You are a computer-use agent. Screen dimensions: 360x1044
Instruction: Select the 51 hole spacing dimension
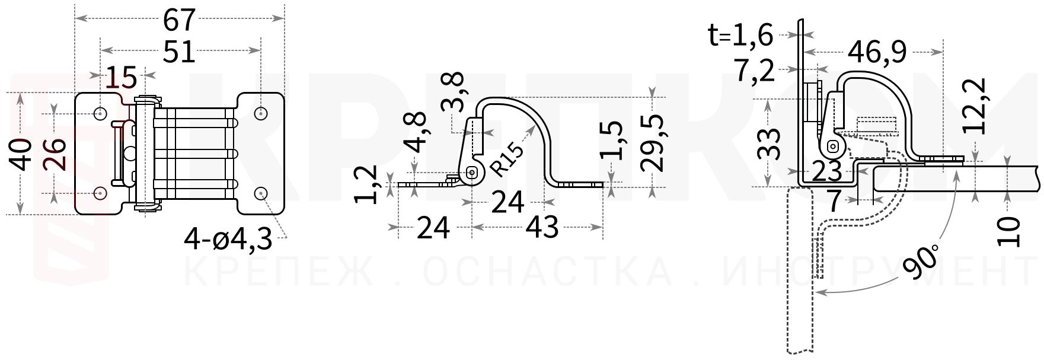click(x=179, y=52)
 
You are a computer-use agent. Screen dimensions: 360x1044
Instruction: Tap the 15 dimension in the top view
click(x=122, y=77)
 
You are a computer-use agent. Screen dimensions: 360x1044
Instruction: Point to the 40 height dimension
click(x=22, y=154)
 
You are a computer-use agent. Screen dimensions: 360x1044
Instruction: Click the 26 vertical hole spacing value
click(x=56, y=154)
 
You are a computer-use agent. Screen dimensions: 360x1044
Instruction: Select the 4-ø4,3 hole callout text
click(x=228, y=240)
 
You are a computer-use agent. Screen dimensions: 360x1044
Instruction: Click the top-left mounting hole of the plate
click(x=101, y=112)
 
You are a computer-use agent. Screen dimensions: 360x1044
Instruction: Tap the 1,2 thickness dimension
click(x=368, y=185)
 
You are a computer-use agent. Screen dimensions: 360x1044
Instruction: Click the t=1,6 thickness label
click(x=741, y=36)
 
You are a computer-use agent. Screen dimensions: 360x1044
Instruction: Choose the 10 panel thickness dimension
click(x=1008, y=231)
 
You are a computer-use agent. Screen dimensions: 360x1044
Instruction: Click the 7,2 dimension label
click(x=755, y=71)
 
